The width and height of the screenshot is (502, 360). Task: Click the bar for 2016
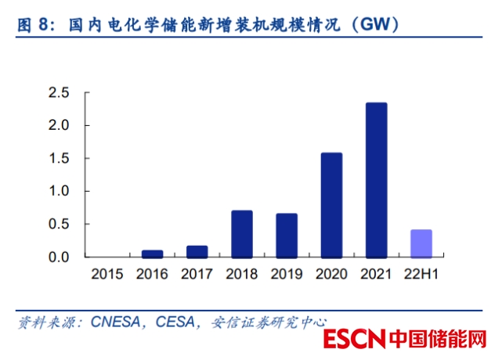tap(153, 254)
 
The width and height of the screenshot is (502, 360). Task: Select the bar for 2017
tap(197, 251)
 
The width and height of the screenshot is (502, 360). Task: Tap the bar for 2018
tap(242, 234)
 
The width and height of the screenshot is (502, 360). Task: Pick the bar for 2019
tap(287, 236)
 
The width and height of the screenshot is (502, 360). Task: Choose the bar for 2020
tap(331, 205)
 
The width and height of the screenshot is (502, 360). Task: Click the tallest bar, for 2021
tap(376, 180)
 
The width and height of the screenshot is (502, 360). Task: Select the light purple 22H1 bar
tap(421, 243)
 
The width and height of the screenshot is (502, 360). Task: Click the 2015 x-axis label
tap(107, 275)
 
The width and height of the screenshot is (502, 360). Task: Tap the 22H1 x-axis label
tap(421, 275)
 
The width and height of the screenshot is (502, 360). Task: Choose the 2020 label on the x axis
tap(331, 275)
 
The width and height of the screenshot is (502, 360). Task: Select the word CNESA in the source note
tap(115, 322)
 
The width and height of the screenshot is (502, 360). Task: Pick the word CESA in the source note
tap(175, 322)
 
